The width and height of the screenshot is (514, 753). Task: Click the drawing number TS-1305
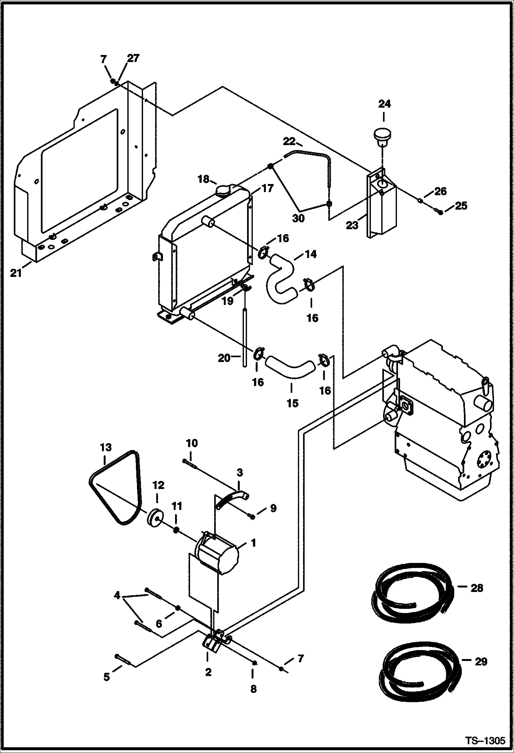[485, 739]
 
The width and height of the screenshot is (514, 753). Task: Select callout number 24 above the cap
[384, 104]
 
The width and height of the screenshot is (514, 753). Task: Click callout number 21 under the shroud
[16, 274]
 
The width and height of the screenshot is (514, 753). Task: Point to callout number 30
[298, 218]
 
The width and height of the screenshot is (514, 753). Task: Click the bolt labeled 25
[441, 212]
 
